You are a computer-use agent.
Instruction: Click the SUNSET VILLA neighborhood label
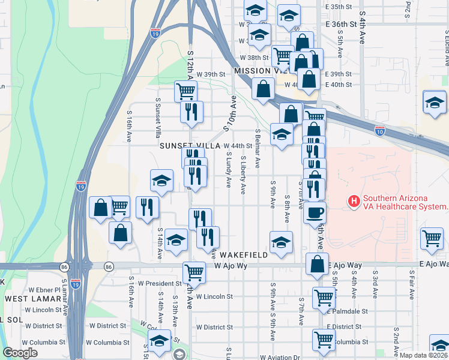[x=190, y=146]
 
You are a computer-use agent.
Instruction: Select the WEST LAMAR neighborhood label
[x=31, y=298]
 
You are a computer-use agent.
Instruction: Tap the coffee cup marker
[x=315, y=212]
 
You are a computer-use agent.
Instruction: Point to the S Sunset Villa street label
[x=158, y=117]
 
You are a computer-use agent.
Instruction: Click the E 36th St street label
[x=341, y=25]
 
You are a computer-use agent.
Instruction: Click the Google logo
[x=20, y=353]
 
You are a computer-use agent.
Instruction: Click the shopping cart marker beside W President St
[x=194, y=273]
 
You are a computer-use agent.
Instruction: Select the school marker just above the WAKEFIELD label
[x=281, y=242]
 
